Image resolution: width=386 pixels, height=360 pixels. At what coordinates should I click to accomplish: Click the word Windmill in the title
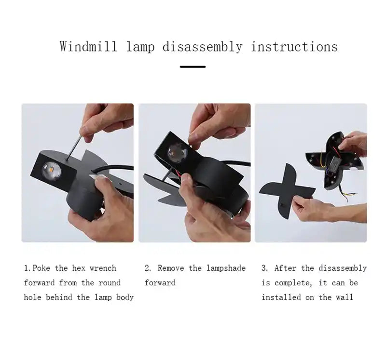point(88,46)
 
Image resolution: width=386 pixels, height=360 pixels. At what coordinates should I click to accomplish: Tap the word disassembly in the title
point(202,47)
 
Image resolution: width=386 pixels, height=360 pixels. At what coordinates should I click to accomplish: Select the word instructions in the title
point(294,46)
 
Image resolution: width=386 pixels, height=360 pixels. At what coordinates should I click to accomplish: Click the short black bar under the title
point(193,67)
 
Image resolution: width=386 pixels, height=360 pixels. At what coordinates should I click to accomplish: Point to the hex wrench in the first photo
point(74,148)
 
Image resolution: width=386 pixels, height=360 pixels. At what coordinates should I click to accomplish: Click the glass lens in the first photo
point(51,171)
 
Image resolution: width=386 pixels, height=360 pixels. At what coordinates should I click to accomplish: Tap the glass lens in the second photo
point(177,153)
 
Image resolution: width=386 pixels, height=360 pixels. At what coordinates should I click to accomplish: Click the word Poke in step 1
point(41,268)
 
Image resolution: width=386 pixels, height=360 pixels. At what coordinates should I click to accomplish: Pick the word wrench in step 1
point(103,268)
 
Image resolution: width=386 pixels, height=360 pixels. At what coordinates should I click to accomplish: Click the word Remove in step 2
point(171,268)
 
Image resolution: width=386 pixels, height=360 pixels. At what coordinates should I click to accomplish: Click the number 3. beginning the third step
point(265,268)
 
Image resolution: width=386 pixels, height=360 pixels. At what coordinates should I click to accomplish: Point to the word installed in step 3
point(281,297)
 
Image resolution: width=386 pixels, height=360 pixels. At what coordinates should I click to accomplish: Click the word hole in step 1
point(32,297)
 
